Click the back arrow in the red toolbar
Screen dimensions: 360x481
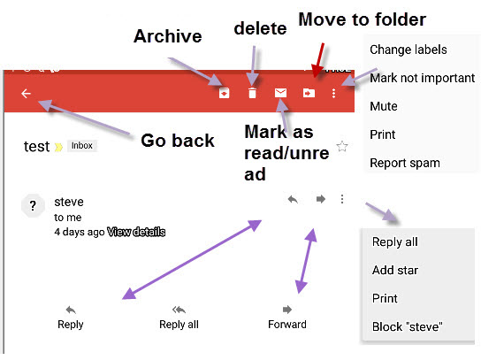coord(26,93)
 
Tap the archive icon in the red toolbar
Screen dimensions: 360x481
coord(225,93)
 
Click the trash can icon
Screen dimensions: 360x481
coord(253,93)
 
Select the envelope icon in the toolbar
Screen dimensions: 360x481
coord(281,92)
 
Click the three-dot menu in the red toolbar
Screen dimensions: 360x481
coord(333,93)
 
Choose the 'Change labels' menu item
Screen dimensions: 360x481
coord(408,50)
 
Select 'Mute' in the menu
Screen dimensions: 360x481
coord(384,106)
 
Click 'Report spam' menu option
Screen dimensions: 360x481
coord(404,163)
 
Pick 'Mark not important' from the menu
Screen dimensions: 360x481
coord(422,78)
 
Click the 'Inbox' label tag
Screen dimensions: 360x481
coord(81,146)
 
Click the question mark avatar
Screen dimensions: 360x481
coord(33,206)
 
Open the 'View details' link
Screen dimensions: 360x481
coord(136,232)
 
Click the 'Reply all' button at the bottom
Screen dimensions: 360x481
coord(179,317)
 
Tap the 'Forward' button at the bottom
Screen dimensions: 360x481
coord(287,317)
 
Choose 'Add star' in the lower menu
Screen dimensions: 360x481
coord(395,270)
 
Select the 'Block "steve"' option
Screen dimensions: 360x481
coord(408,326)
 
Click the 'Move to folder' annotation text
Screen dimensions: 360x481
coord(362,19)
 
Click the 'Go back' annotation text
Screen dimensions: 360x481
coord(178,140)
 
